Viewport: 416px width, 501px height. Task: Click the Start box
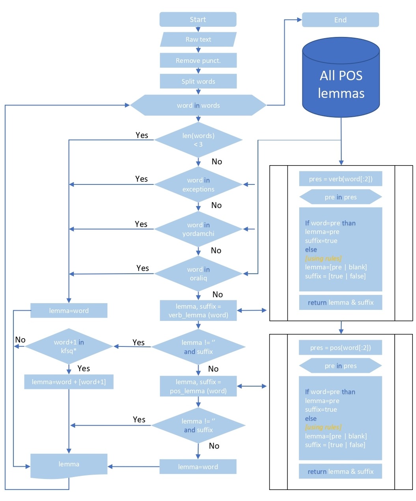click(x=198, y=19)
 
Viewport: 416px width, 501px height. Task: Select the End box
click(x=340, y=20)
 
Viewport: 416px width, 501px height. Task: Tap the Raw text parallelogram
click(x=198, y=39)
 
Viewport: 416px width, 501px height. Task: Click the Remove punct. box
click(x=198, y=60)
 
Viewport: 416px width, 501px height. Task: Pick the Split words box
click(x=198, y=81)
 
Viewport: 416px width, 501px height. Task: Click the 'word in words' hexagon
click(x=198, y=105)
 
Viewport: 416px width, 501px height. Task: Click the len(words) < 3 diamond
click(x=198, y=140)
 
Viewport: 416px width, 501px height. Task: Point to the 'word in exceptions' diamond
click(x=198, y=184)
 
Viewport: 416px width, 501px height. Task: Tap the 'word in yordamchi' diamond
click(x=198, y=229)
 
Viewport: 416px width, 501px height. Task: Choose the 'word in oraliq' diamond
click(x=198, y=274)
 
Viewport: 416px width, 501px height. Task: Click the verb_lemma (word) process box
click(x=198, y=311)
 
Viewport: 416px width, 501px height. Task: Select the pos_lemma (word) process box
click(x=198, y=386)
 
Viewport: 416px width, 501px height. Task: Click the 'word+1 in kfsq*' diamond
click(x=69, y=346)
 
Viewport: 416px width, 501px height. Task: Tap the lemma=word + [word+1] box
click(x=69, y=382)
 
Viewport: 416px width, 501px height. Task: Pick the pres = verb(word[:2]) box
click(x=341, y=179)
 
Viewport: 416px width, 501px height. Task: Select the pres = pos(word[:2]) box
click(x=341, y=348)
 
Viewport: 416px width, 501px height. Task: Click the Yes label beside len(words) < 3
click(x=142, y=135)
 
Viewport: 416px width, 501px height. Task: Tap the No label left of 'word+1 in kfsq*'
click(x=20, y=340)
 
